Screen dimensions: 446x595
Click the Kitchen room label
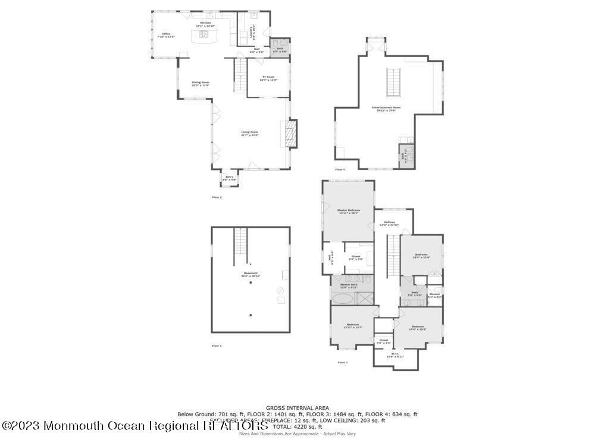click(x=205, y=23)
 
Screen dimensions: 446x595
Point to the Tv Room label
click(x=268, y=77)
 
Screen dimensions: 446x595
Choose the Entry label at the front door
click(x=229, y=177)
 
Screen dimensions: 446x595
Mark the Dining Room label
click(x=201, y=83)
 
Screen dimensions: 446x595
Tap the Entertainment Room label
click(x=386, y=108)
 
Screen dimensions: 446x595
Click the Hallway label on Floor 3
click(x=389, y=223)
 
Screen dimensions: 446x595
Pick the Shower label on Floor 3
click(x=434, y=294)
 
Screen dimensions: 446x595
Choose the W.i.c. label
click(x=395, y=355)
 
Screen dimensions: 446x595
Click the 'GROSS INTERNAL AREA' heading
click(x=297, y=408)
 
